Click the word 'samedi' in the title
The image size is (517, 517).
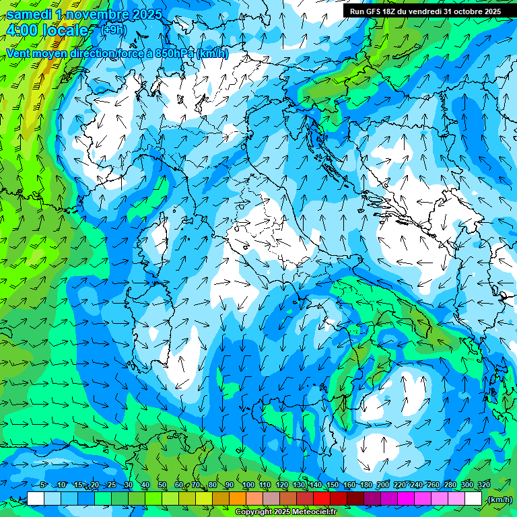[x=29, y=14]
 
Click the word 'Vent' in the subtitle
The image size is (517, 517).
[x=20, y=53]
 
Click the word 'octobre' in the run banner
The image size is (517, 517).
[x=468, y=11]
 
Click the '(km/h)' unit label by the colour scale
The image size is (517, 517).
[x=499, y=499]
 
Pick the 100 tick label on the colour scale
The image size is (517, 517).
[x=248, y=485]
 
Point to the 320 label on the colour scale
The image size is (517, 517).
[x=483, y=485]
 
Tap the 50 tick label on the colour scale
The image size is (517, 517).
[x=162, y=485]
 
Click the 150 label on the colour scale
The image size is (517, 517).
[x=332, y=485]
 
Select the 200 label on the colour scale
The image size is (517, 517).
[x=382, y=485]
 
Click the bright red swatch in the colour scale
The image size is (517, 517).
[x=322, y=499]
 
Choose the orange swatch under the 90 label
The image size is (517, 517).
[x=238, y=499]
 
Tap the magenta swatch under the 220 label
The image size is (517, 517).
[x=406, y=499]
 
